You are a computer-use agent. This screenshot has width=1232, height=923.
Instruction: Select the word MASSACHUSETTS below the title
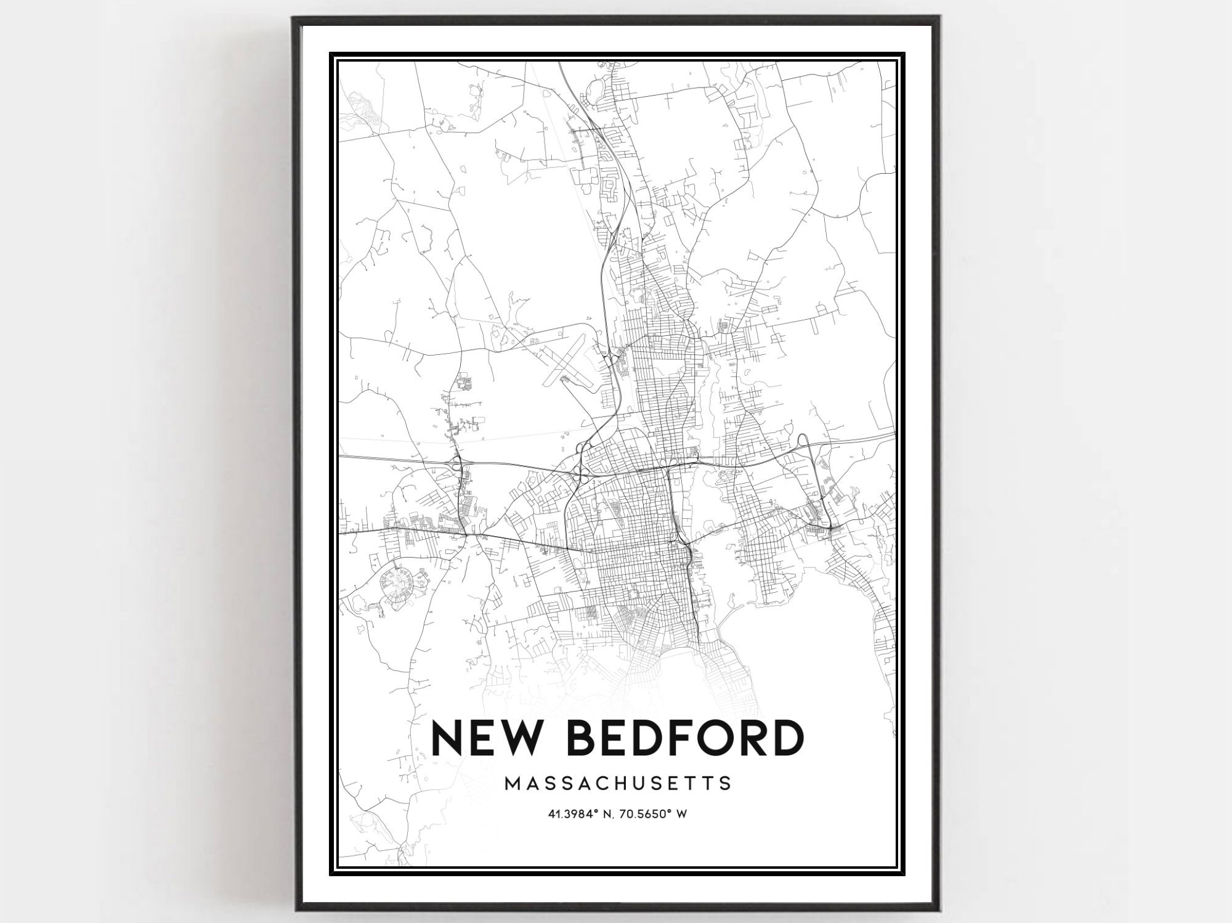(618, 783)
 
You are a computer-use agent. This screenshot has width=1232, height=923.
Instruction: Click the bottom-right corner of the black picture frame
(938, 910)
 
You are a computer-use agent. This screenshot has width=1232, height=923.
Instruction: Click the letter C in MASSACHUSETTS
(606, 783)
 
